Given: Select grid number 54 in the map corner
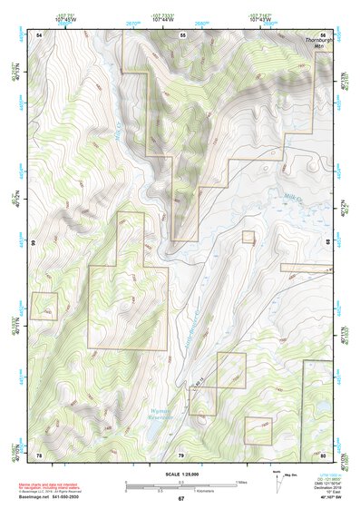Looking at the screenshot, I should [39, 34].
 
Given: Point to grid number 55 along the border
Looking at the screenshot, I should [182, 34].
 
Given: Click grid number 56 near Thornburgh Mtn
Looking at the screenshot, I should [323, 34].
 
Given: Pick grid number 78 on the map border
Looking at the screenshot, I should [39, 454].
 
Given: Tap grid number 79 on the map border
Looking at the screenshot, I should [181, 454].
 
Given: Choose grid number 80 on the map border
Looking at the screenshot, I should [323, 454].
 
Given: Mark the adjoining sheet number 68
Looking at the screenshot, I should [329, 242].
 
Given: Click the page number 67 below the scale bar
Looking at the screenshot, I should [180, 499].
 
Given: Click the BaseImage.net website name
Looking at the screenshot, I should [36, 497].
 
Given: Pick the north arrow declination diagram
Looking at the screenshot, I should [278, 478].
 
